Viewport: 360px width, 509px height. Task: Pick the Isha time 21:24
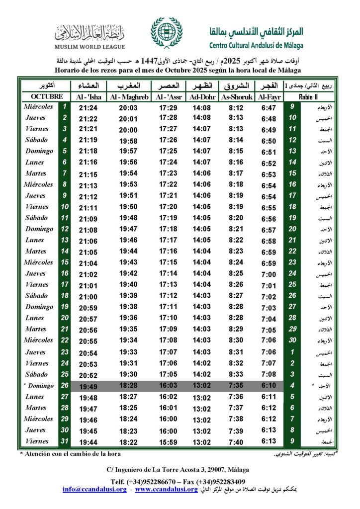click(88, 107)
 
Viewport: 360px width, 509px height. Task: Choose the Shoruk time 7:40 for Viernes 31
click(237, 442)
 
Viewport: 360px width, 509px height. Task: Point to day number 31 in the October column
click(64, 441)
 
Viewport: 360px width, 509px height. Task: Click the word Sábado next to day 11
click(36, 218)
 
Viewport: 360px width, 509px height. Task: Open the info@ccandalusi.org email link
click(94, 490)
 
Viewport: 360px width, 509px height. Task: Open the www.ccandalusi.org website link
click(167, 490)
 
